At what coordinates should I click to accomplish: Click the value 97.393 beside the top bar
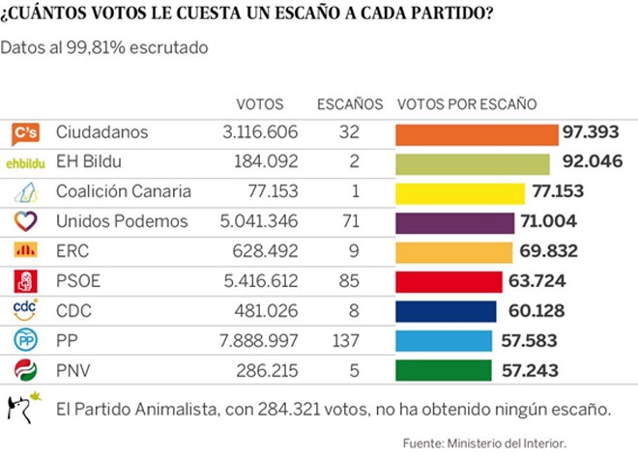[597, 133]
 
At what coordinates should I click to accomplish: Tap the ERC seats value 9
[350, 251]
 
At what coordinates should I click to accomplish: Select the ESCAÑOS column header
[350, 104]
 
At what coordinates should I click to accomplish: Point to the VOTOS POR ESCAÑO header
[467, 104]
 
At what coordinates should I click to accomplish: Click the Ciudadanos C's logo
[25, 133]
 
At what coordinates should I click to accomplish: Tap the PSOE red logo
[25, 281]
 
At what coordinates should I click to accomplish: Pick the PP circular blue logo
[25, 340]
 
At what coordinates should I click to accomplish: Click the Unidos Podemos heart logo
[25, 221]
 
